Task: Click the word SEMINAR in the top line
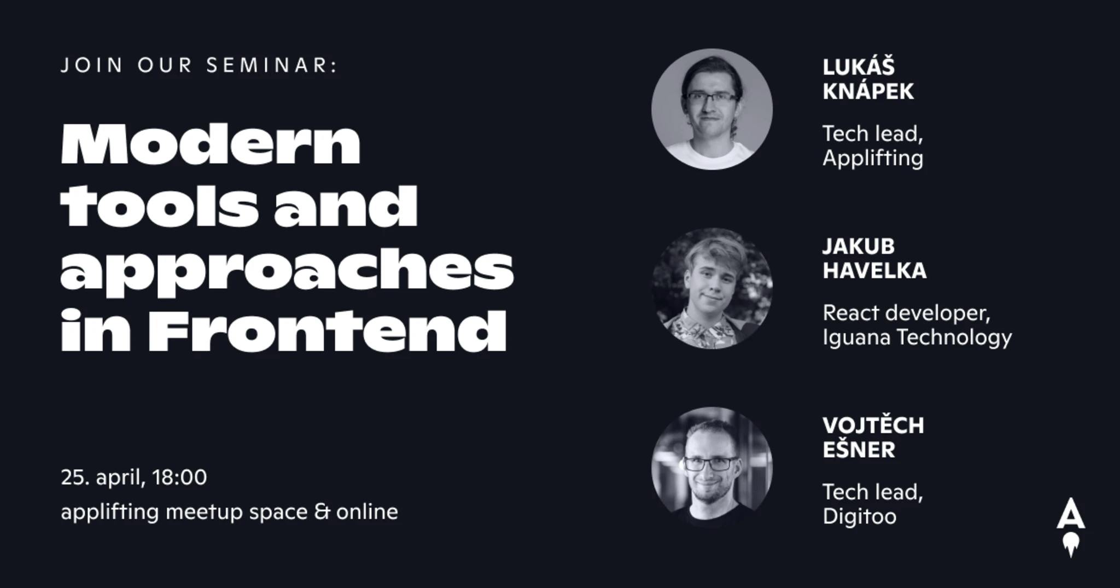point(272,65)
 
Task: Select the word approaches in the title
point(287,271)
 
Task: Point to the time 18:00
point(179,477)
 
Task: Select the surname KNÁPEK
point(868,91)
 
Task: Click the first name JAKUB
point(859,246)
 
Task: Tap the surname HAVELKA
point(874,270)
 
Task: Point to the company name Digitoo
point(860,516)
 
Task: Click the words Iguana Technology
point(917,337)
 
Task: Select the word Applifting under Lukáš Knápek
point(873,158)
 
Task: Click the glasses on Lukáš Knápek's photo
point(711,97)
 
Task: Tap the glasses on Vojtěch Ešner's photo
point(710,464)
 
